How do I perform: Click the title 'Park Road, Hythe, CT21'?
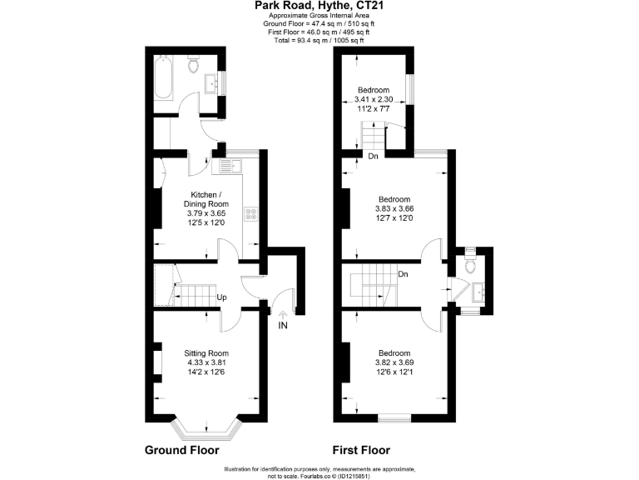point(319,7)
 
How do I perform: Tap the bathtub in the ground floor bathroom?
point(161,79)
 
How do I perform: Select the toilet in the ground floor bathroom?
point(193,65)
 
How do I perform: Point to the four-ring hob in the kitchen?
point(250,214)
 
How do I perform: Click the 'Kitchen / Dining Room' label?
point(206,199)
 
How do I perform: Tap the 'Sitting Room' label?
point(206,352)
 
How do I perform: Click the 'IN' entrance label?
point(283,326)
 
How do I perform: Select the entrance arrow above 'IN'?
point(283,313)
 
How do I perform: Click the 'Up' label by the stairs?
point(222,297)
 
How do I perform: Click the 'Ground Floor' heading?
point(182,450)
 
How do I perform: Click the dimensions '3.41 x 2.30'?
point(374,99)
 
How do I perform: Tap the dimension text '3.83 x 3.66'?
point(395,208)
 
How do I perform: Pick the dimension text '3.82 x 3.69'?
point(394,362)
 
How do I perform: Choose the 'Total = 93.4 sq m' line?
point(319,40)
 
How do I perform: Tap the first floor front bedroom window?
point(394,417)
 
